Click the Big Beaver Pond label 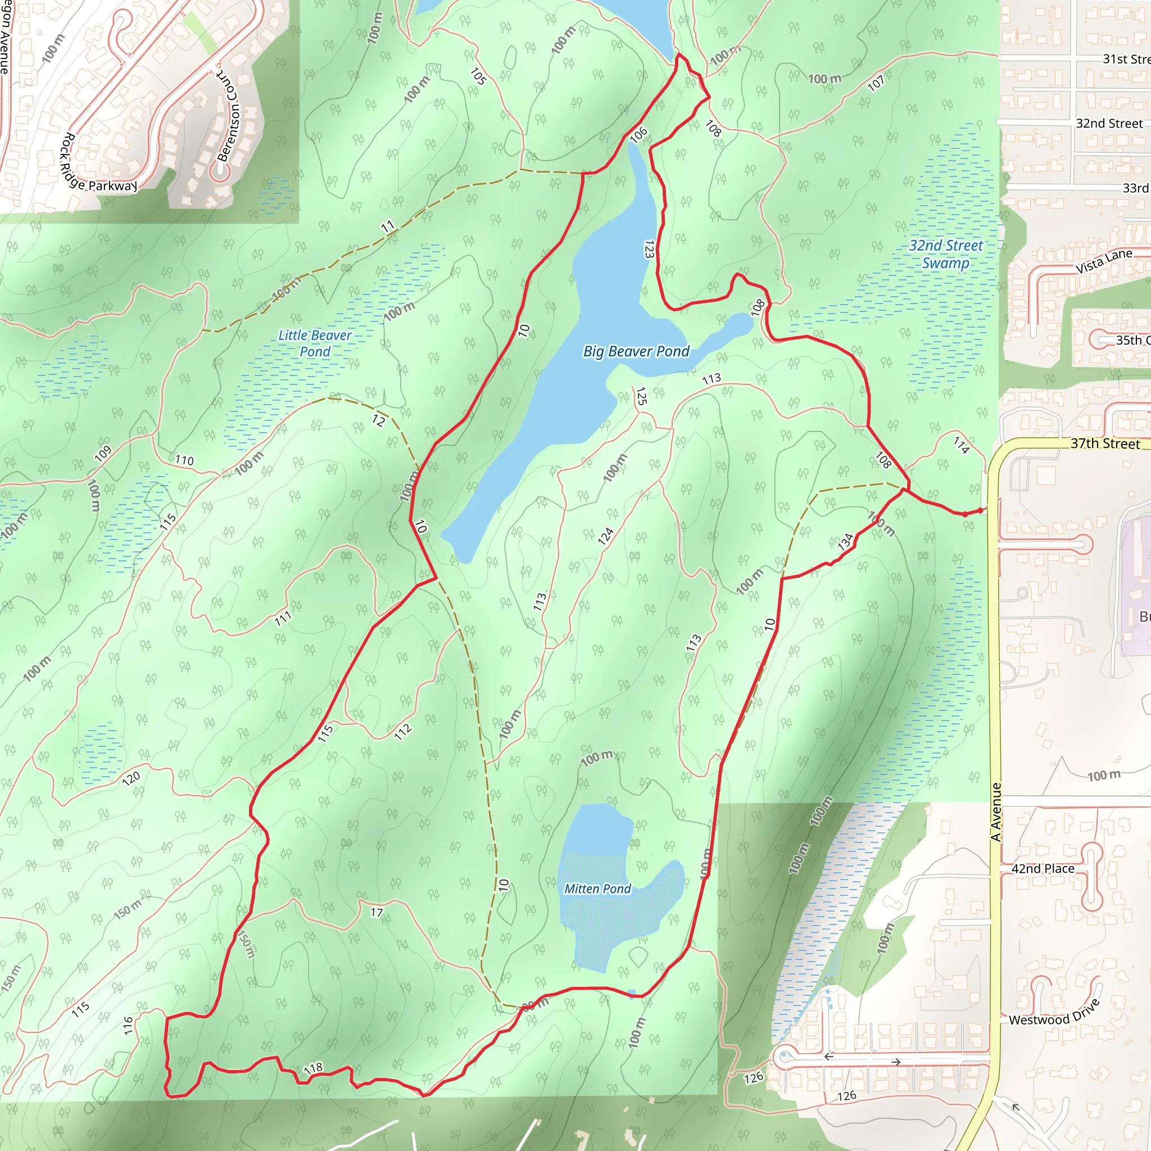coord(636,351)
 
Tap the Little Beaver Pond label coord(315,343)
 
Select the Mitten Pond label coord(597,889)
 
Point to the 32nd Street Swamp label coord(945,255)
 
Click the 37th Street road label coord(1104,443)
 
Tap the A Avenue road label coord(995,812)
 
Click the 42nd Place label coord(1043,869)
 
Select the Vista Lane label coord(1103,261)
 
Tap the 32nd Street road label coord(1109,123)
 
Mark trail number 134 coord(845,542)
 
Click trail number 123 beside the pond coord(649,249)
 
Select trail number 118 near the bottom coord(314,1068)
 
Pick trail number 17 coord(377,912)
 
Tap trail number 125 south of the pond coord(641,396)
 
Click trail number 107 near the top coord(875,83)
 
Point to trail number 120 coord(131,778)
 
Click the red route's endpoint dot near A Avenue coord(980,510)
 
